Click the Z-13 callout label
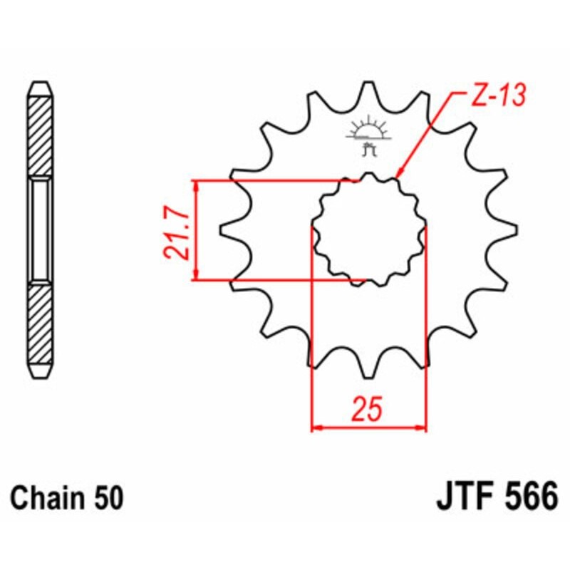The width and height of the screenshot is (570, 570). (x=496, y=96)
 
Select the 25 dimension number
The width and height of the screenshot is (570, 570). (x=367, y=410)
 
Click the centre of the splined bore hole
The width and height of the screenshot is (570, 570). (x=369, y=229)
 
